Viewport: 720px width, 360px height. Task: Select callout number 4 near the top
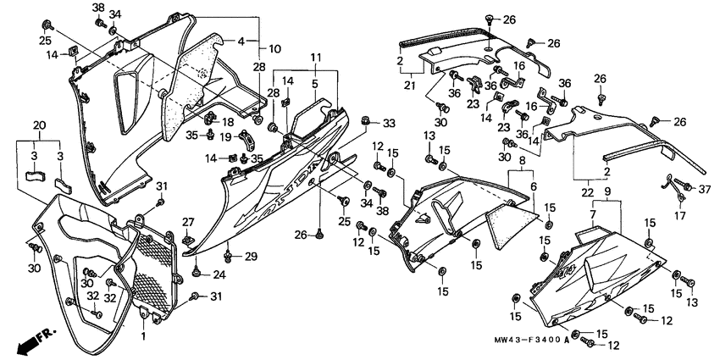pos(241,41)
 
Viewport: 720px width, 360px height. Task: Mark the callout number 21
pos(410,86)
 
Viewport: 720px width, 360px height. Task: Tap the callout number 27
pos(189,222)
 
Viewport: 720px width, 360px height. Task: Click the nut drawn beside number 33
pos(366,121)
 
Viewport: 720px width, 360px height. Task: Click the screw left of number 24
pos(196,273)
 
